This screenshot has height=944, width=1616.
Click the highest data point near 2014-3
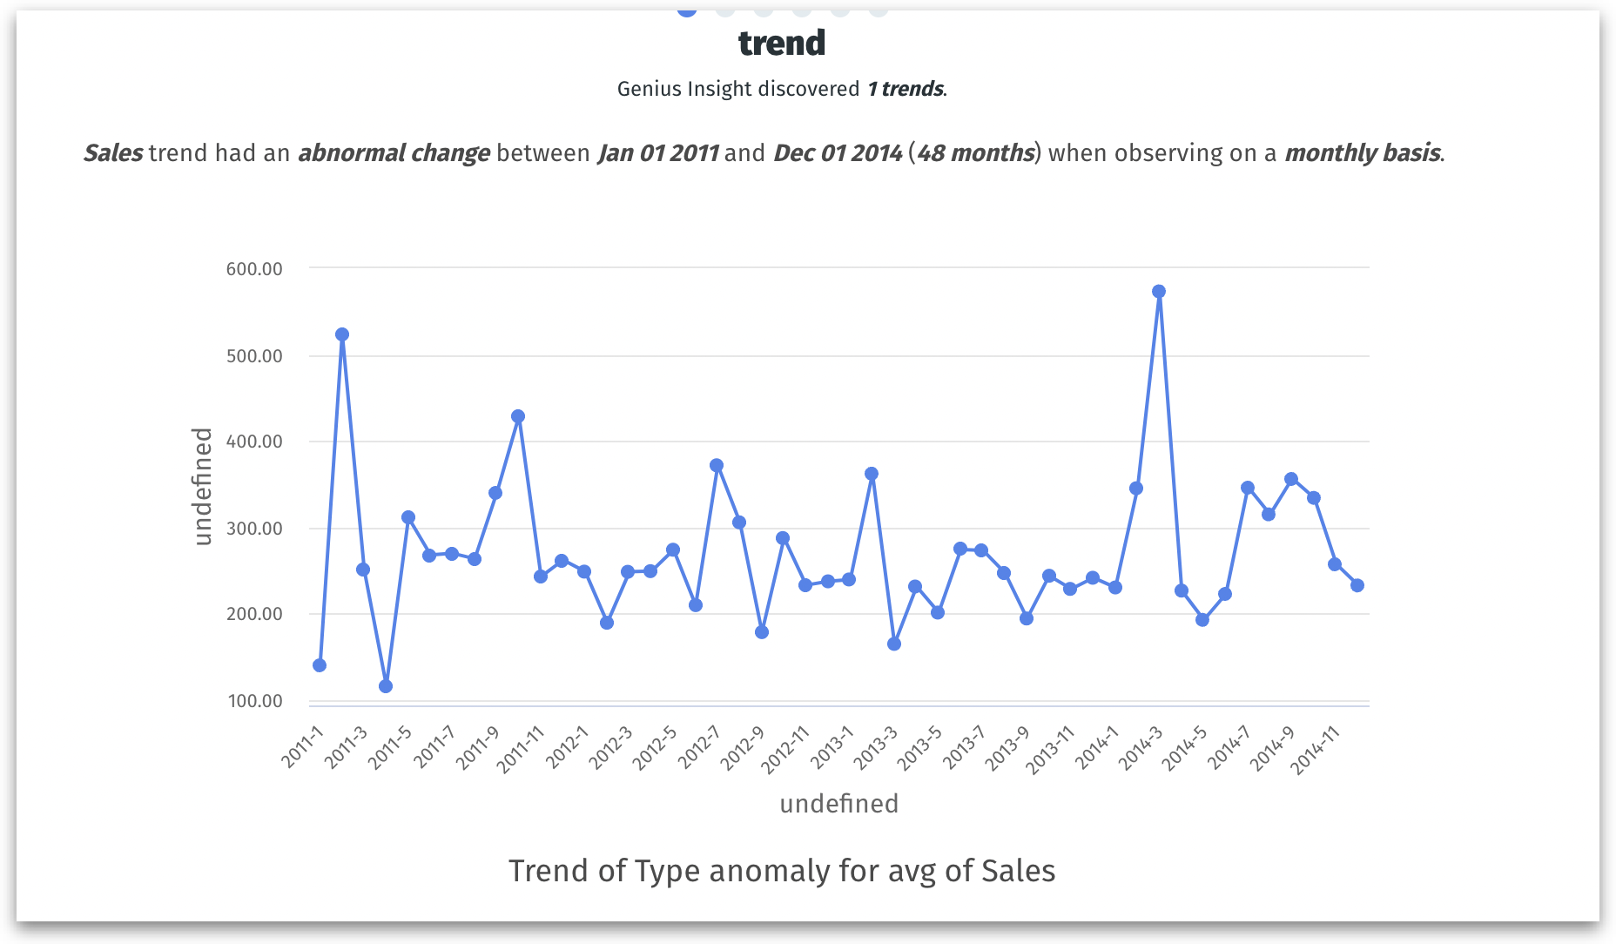[x=1159, y=292]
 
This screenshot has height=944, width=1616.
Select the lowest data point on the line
[x=386, y=686]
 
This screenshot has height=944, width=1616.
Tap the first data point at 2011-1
[x=320, y=665]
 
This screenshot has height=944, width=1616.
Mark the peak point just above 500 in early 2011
[x=342, y=334]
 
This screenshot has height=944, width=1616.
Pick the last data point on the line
[x=1357, y=585]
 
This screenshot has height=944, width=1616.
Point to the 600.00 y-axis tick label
[x=254, y=269]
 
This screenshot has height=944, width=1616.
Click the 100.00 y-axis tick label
[x=255, y=701]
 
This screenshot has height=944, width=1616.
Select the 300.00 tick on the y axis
[x=254, y=529]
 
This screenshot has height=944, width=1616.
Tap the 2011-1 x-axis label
[x=302, y=746]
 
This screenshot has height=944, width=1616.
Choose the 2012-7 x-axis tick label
[x=698, y=747]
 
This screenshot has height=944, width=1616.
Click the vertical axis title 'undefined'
[x=202, y=487]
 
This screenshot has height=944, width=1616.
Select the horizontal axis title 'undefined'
[x=838, y=804]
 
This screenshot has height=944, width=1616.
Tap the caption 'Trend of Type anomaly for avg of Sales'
[x=781, y=871]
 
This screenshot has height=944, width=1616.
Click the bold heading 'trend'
[x=781, y=43]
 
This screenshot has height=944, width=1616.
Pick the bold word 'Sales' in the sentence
[x=113, y=153]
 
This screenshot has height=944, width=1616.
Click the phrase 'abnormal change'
[x=394, y=153]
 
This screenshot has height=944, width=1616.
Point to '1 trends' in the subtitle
[x=905, y=89]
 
